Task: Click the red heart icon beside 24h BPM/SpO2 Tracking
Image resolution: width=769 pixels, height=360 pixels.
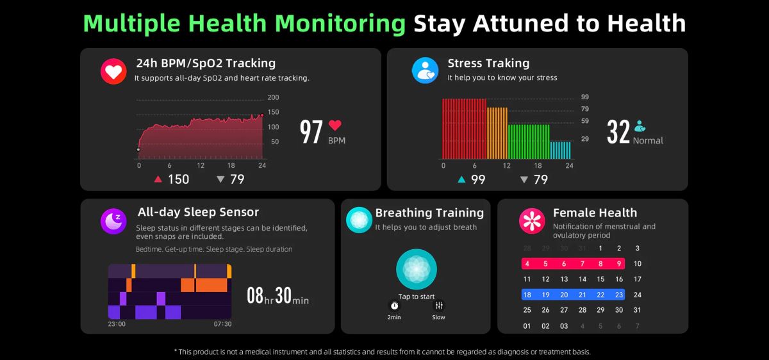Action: coord(114,71)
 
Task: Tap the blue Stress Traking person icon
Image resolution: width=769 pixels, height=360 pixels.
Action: coord(425,70)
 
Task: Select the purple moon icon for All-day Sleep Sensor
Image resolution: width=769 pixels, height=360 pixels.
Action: coord(113,221)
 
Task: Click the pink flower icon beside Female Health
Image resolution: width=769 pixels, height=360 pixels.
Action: coord(531,221)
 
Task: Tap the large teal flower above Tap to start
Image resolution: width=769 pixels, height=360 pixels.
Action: coord(417,269)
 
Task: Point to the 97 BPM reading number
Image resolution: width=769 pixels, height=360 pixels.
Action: coord(311,132)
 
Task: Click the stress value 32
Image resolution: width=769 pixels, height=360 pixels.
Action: coord(618,132)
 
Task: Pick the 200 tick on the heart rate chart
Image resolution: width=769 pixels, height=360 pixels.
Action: coord(274,97)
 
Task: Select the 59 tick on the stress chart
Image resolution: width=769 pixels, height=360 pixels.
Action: coord(584,121)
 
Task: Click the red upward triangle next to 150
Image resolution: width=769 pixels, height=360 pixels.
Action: coord(158,179)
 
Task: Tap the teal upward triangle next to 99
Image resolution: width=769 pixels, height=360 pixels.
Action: coord(461,179)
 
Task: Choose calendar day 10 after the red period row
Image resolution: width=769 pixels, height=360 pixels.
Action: coord(637,264)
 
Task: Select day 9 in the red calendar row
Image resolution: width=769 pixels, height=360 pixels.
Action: coord(619,264)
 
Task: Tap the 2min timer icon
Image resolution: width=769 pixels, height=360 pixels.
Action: coord(394,306)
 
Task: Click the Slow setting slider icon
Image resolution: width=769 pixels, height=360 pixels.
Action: coord(439,306)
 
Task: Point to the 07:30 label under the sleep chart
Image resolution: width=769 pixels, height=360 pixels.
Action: coord(222,324)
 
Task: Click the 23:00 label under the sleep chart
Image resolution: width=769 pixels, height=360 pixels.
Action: coord(117,324)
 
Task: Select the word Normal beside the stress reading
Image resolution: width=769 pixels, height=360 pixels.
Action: coord(648,141)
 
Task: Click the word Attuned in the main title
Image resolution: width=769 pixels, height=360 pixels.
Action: coord(536,24)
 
